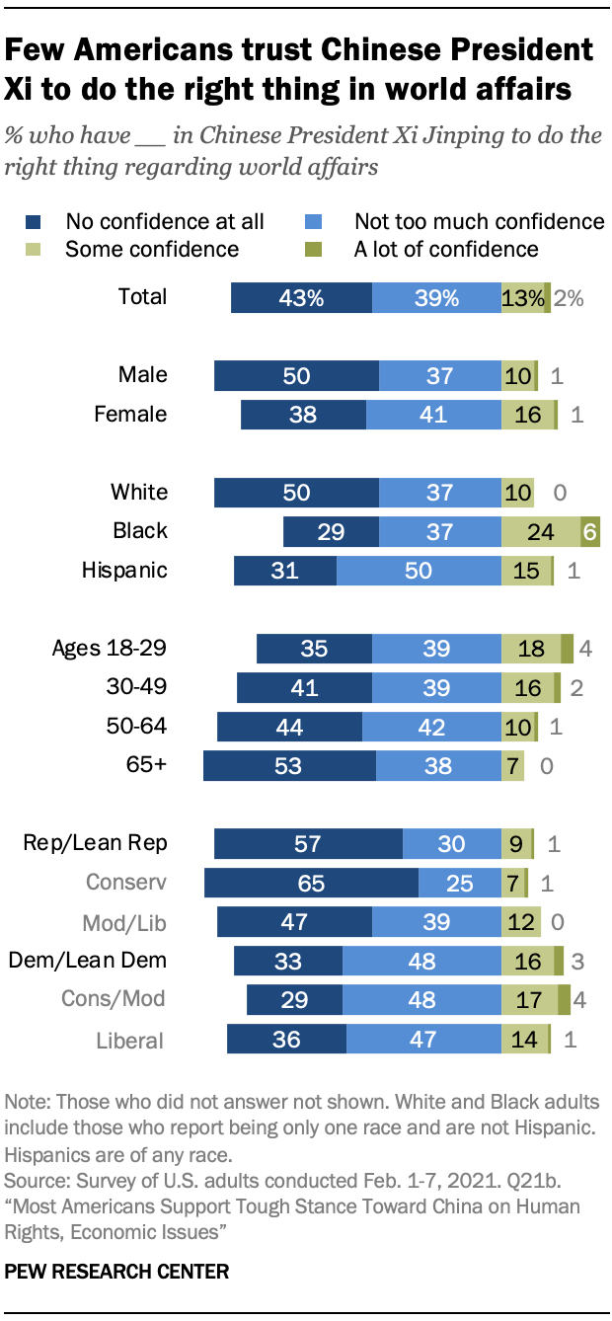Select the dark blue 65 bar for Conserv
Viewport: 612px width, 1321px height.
pyautogui.click(x=311, y=883)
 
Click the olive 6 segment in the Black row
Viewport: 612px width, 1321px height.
pyautogui.click(x=590, y=531)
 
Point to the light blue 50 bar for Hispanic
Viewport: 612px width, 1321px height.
pyautogui.click(x=419, y=571)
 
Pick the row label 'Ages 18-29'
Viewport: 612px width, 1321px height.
pyautogui.click(x=110, y=649)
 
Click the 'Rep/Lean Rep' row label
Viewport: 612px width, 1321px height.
pyautogui.click(x=96, y=843)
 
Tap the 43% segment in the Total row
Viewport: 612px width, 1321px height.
pyautogui.click(x=301, y=297)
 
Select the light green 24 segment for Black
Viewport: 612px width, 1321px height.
pyautogui.click(x=540, y=531)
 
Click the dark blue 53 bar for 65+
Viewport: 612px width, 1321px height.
pyautogui.click(x=289, y=766)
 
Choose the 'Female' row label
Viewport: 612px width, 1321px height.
pyautogui.click(x=130, y=415)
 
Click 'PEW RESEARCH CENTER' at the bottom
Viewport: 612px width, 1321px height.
pyautogui.click(x=116, y=1272)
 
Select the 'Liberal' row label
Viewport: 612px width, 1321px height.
pyautogui.click(x=129, y=1041)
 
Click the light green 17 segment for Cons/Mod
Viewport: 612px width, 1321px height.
pyautogui.click(x=529, y=999)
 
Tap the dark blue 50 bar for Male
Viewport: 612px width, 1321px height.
pyautogui.click(x=296, y=375)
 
